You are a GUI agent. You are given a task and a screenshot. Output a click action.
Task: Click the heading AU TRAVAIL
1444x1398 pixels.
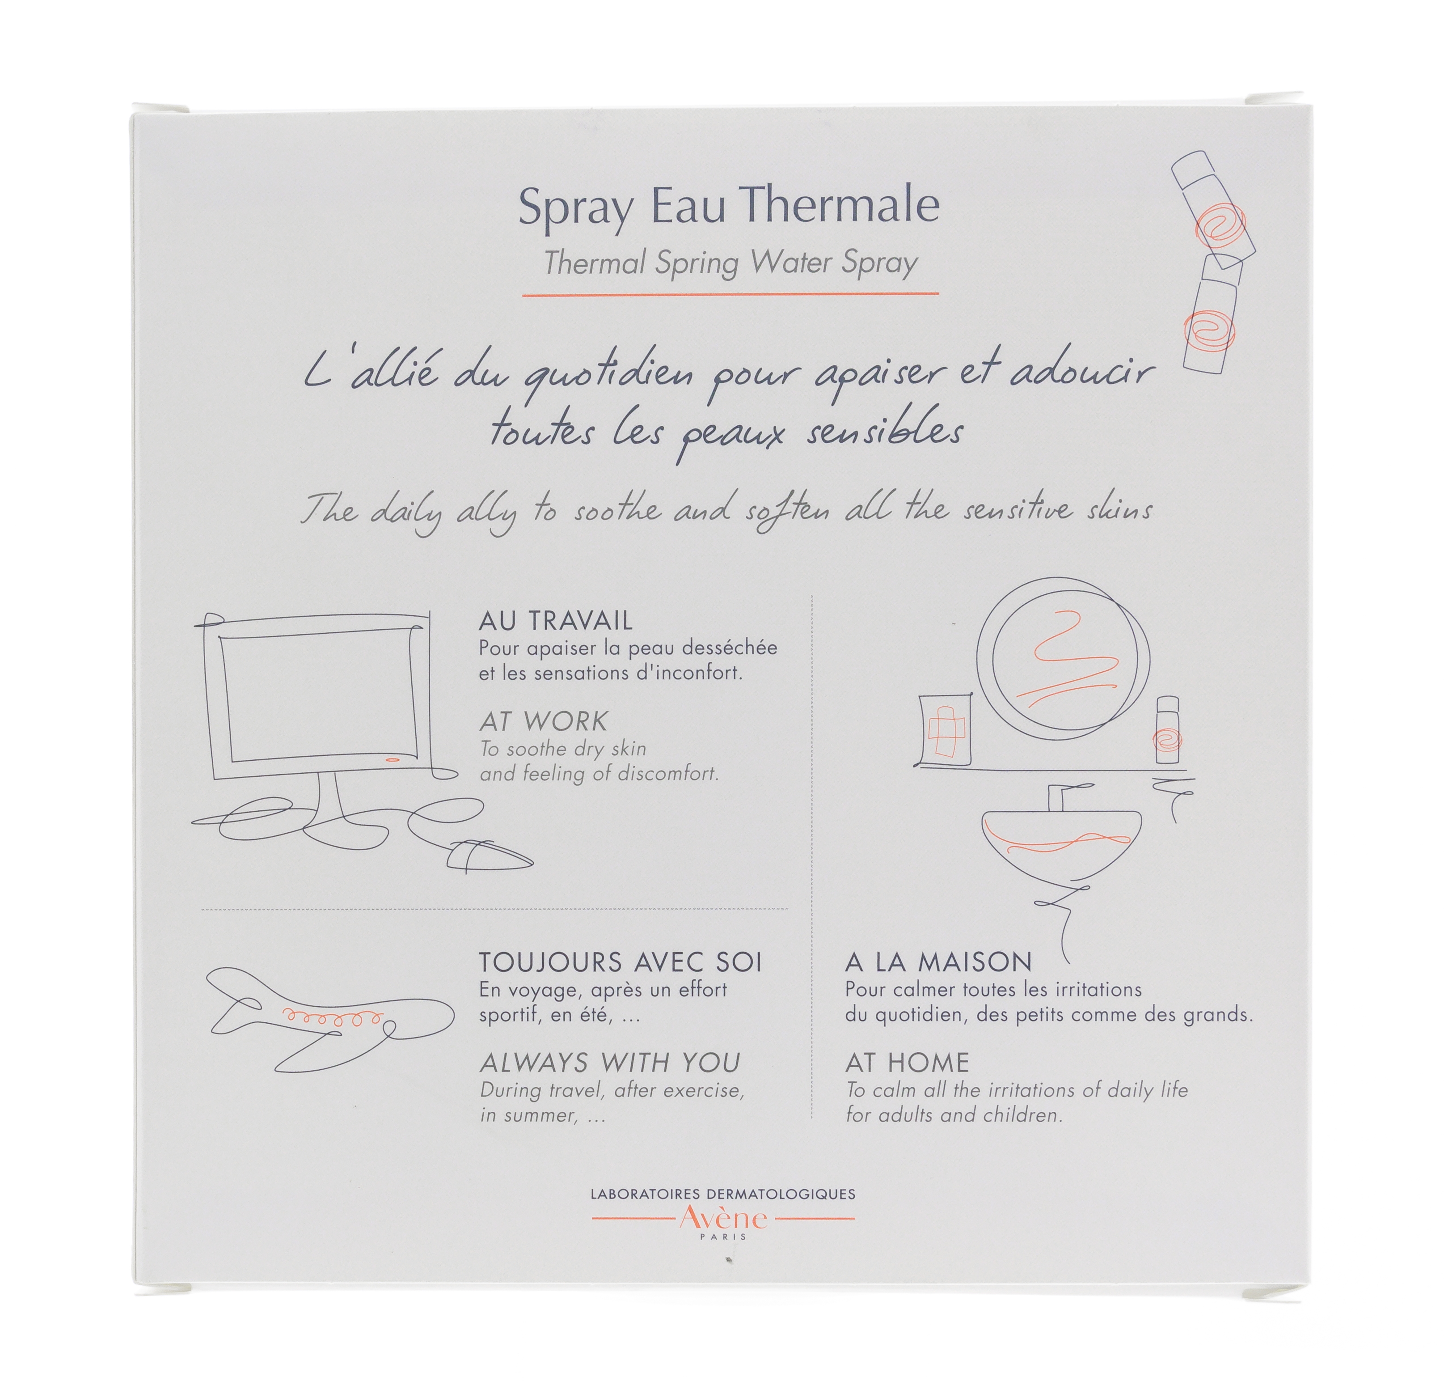[x=556, y=621]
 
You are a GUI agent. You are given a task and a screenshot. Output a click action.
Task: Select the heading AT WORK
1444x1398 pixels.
[x=544, y=721]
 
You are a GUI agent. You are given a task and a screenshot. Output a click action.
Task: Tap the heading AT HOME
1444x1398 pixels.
[x=907, y=1062]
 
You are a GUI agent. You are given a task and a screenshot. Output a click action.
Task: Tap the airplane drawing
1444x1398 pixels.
[x=329, y=1021]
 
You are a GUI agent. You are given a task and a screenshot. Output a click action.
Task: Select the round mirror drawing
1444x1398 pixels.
[x=1062, y=659]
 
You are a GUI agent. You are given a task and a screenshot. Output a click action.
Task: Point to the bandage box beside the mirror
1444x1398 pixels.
[x=946, y=729]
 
